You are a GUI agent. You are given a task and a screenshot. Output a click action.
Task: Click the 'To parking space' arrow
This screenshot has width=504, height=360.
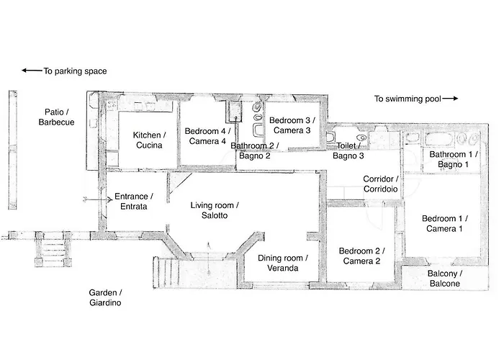click(x=32, y=71)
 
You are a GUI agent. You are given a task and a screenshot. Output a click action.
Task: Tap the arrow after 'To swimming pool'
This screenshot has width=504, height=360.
click(x=450, y=99)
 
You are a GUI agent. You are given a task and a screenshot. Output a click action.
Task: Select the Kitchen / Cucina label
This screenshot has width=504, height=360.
click(x=149, y=140)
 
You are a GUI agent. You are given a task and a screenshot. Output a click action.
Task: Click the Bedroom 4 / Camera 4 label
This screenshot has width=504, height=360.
click(x=207, y=136)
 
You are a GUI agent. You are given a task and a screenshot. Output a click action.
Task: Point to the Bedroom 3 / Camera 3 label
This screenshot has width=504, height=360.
click(x=292, y=125)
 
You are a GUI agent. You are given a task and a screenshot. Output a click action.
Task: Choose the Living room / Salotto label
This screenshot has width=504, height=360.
click(x=215, y=210)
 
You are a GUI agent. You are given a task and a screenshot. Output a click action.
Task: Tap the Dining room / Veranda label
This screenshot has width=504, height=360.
click(x=283, y=263)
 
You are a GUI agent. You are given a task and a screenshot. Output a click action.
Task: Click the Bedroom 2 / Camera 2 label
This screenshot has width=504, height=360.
click(x=361, y=256)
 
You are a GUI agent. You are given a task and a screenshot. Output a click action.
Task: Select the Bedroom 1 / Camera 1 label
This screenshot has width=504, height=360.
click(x=444, y=224)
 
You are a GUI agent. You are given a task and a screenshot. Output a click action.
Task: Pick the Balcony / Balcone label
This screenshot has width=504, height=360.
click(x=445, y=279)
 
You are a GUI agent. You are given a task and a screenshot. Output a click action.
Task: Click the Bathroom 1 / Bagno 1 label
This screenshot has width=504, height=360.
click(x=453, y=159)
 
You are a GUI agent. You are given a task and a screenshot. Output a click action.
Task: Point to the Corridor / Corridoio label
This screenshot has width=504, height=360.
click(x=381, y=184)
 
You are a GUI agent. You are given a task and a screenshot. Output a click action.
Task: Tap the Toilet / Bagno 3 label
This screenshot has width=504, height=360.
click(x=348, y=150)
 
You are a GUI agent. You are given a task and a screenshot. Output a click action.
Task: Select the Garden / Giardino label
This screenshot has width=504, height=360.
click(x=105, y=297)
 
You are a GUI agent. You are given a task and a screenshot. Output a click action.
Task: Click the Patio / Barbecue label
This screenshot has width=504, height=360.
click(x=56, y=117)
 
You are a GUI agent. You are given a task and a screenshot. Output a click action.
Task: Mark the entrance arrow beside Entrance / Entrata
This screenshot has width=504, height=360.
click(x=98, y=199)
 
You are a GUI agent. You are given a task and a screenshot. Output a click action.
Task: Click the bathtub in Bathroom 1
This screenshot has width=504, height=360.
click(x=438, y=140)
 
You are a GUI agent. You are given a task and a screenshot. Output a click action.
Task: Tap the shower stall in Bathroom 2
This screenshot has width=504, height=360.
click(x=235, y=112)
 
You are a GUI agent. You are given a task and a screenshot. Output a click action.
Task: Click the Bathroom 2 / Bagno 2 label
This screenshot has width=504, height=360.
click(x=255, y=150)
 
